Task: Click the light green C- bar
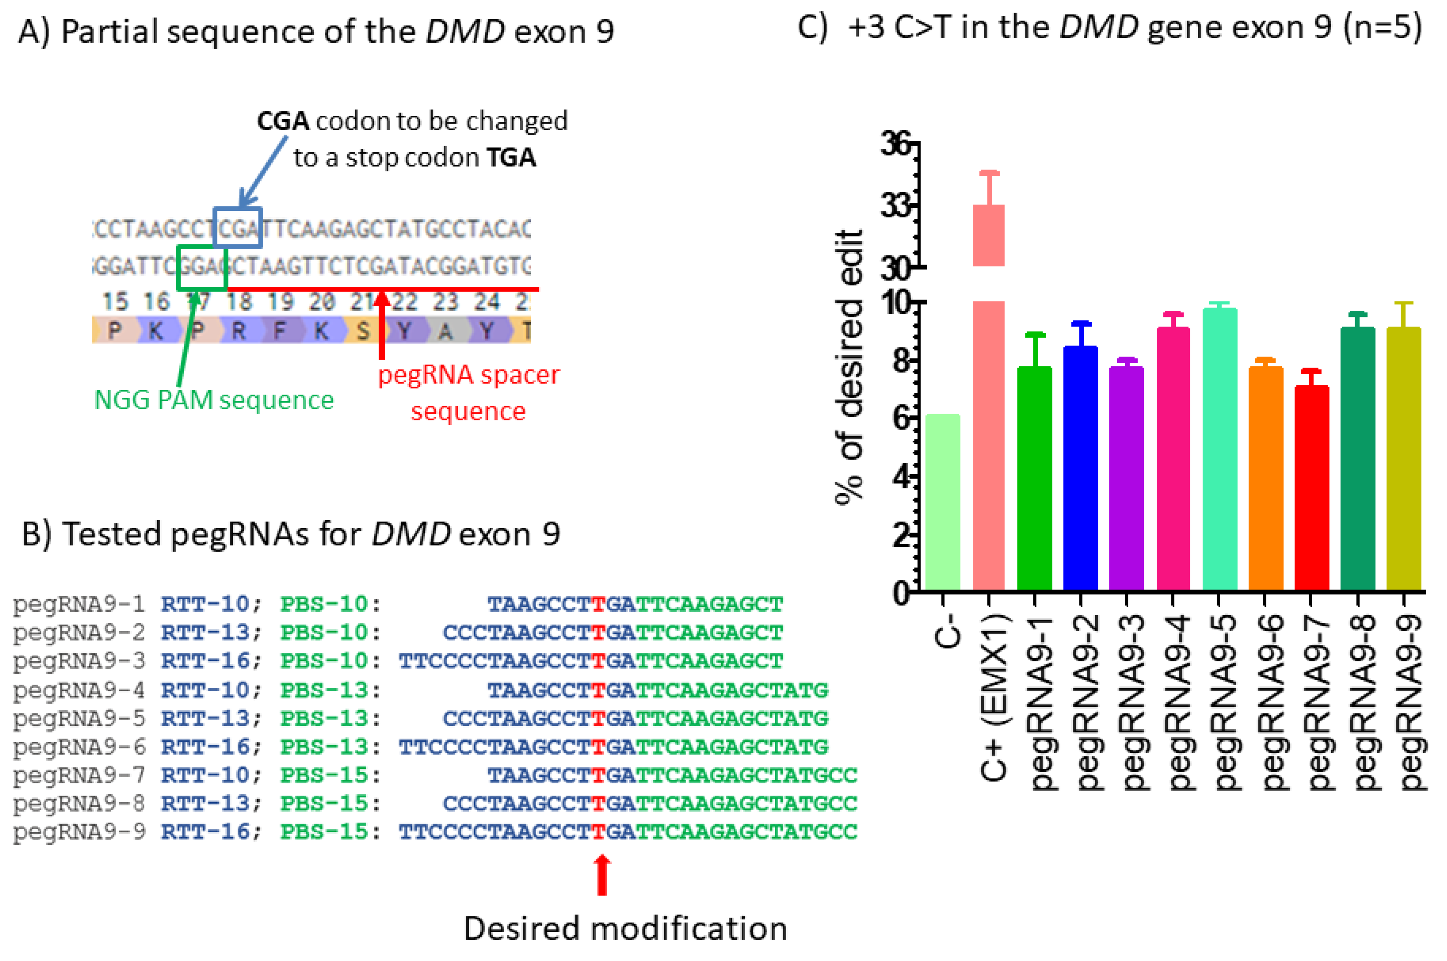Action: (x=943, y=502)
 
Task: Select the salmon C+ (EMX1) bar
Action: (x=988, y=429)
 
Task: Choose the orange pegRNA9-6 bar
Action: (x=1265, y=478)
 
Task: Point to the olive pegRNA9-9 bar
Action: (x=1404, y=460)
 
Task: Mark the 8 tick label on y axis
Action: (x=901, y=360)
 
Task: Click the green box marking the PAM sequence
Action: (x=202, y=267)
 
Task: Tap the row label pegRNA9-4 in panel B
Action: (x=79, y=690)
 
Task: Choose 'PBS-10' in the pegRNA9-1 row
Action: (x=324, y=604)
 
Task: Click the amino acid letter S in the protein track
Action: (x=363, y=331)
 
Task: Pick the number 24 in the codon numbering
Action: (x=486, y=301)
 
